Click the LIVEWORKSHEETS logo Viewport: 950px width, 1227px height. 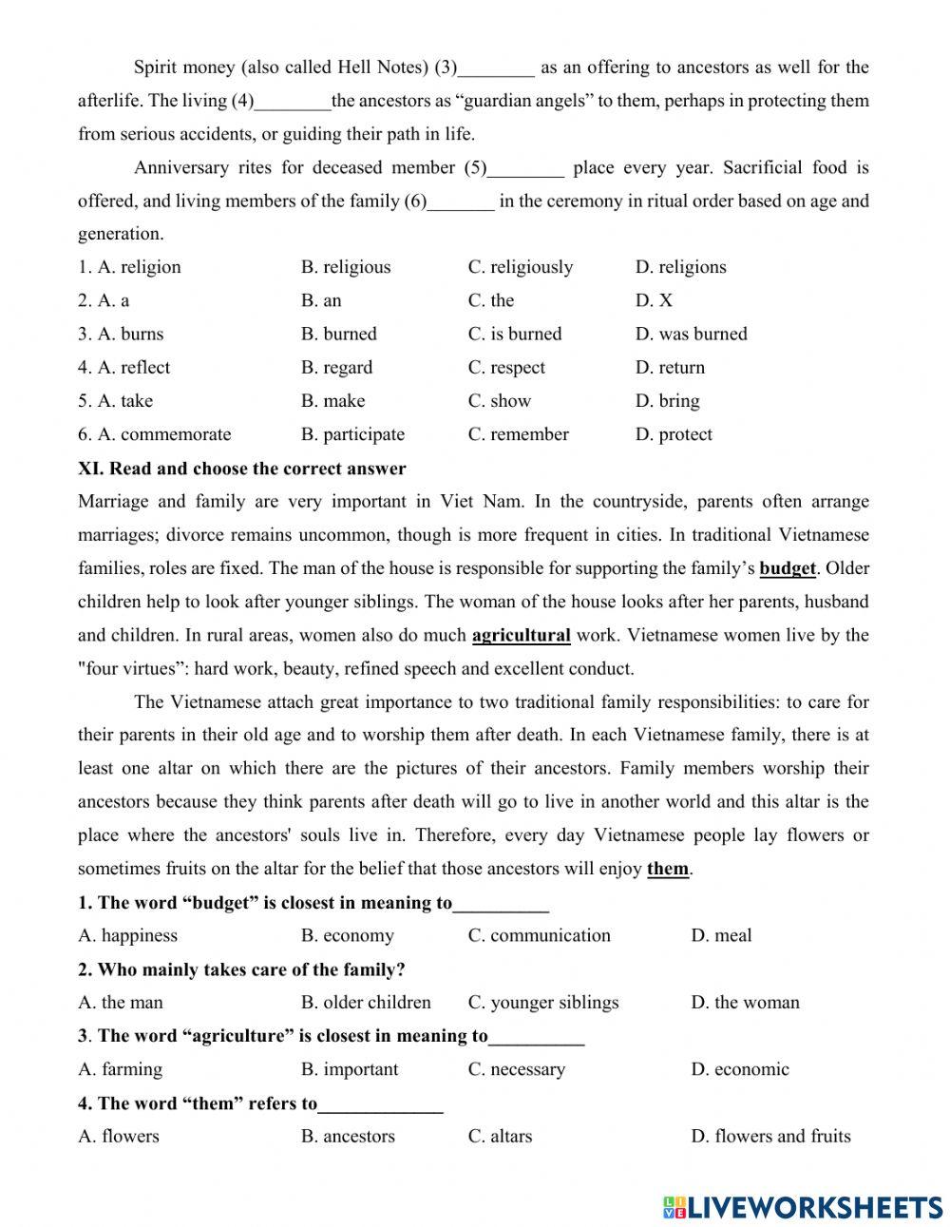[803, 1206]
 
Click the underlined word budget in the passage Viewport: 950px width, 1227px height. [788, 568]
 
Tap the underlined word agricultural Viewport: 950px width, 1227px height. [521, 635]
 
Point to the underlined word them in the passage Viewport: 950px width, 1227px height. [667, 869]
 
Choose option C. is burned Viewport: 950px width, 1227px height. [514, 334]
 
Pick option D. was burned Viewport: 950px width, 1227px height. [691, 334]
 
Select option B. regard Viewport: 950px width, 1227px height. [336, 367]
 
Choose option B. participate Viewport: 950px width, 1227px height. [352, 434]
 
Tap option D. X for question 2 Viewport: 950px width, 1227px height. [654, 300]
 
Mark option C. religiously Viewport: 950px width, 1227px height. [520, 267]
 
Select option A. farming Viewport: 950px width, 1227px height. [120, 1069]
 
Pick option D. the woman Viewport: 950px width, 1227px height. [745, 1003]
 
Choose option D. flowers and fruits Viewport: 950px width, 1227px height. [770, 1136]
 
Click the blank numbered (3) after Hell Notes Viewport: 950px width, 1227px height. [496, 68]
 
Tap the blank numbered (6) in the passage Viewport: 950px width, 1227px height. [461, 201]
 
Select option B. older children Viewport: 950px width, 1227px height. [366, 1003]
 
